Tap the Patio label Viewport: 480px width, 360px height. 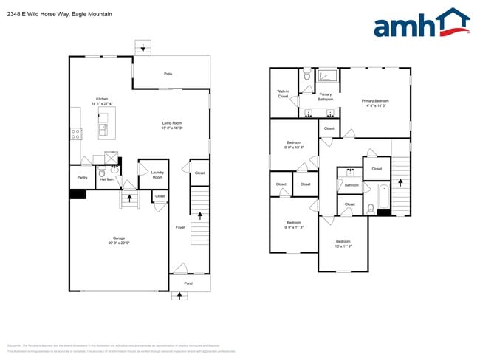coord(168,74)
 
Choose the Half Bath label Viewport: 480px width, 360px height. coord(106,179)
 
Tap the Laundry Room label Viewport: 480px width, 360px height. coord(157,175)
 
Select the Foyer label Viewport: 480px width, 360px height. coord(179,227)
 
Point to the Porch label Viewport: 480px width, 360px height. coord(188,283)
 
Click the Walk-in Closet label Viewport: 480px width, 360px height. coord(282,94)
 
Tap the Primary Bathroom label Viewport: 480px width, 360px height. coord(325,97)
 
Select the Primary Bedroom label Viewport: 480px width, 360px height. coord(375,103)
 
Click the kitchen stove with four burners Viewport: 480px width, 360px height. coord(75,134)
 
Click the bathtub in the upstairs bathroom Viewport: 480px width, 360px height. coord(383,196)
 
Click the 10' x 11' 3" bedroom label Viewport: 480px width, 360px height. coord(343,243)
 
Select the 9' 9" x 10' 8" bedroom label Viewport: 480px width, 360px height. coord(294,145)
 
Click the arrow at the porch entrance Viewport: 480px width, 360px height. coord(179,296)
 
